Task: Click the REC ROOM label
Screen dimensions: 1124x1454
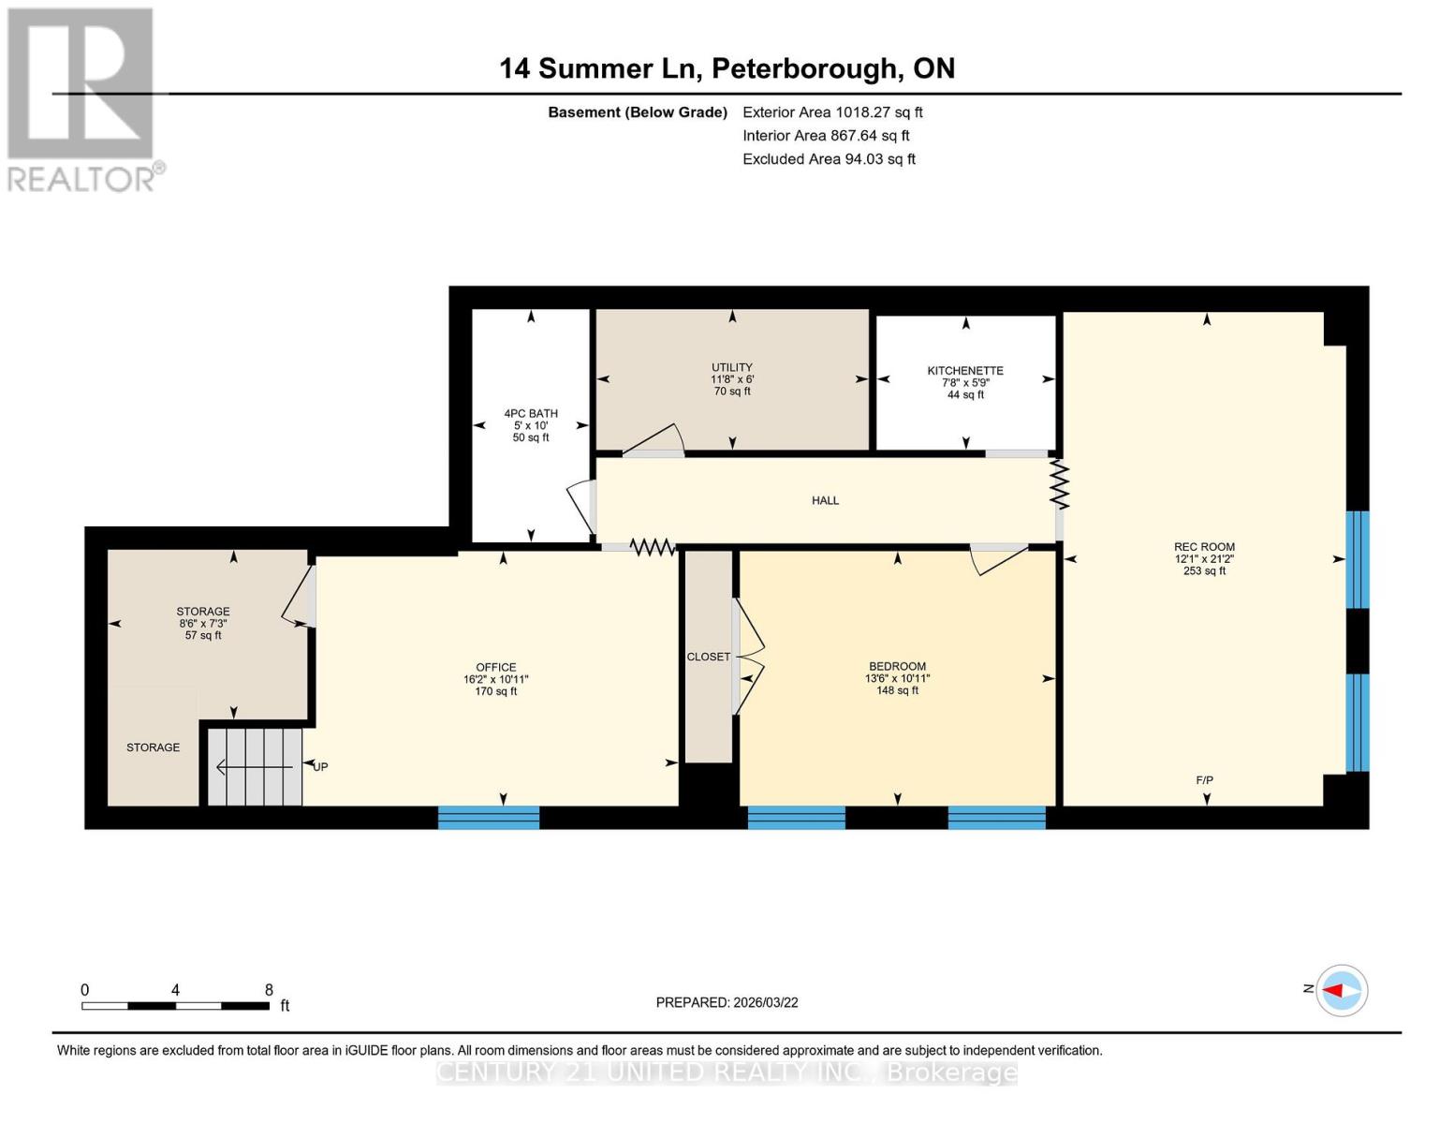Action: [1204, 547]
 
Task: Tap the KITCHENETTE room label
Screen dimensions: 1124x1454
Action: [965, 371]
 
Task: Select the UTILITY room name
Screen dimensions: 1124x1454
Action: [732, 367]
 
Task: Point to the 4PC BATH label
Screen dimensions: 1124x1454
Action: [531, 413]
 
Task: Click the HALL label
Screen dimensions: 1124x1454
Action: [825, 500]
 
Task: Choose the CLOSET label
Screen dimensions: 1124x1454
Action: [708, 657]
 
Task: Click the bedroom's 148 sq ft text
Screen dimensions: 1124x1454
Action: [897, 691]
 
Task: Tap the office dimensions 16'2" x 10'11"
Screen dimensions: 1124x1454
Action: [496, 679]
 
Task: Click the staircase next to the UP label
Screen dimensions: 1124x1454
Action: [255, 767]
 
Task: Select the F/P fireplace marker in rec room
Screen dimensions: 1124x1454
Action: [1204, 780]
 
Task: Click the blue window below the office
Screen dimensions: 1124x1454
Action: [489, 818]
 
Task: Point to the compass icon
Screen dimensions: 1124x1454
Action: [1342, 990]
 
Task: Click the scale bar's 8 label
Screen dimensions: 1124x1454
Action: [269, 990]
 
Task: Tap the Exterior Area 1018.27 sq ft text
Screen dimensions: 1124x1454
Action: [832, 112]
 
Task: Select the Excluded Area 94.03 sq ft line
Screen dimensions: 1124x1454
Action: [829, 159]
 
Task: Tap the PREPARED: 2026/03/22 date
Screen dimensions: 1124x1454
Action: [727, 1002]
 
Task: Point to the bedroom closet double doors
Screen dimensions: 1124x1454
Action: [750, 657]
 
